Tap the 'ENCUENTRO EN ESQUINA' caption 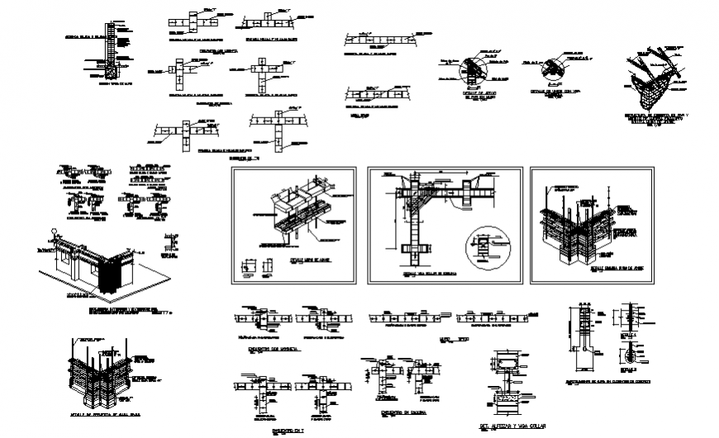click(393, 410)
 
